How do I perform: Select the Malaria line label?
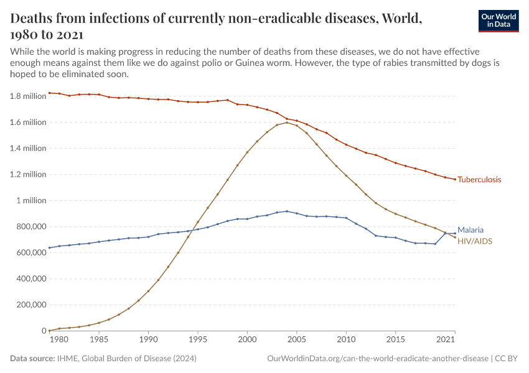tap(470, 229)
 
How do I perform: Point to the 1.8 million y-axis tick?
tap(29, 96)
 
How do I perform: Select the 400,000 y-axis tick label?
tap(29, 279)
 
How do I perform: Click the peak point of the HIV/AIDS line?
tap(287, 122)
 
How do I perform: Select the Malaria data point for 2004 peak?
tap(287, 211)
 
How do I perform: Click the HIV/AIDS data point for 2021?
tap(455, 237)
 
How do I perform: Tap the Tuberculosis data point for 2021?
tap(455, 179)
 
